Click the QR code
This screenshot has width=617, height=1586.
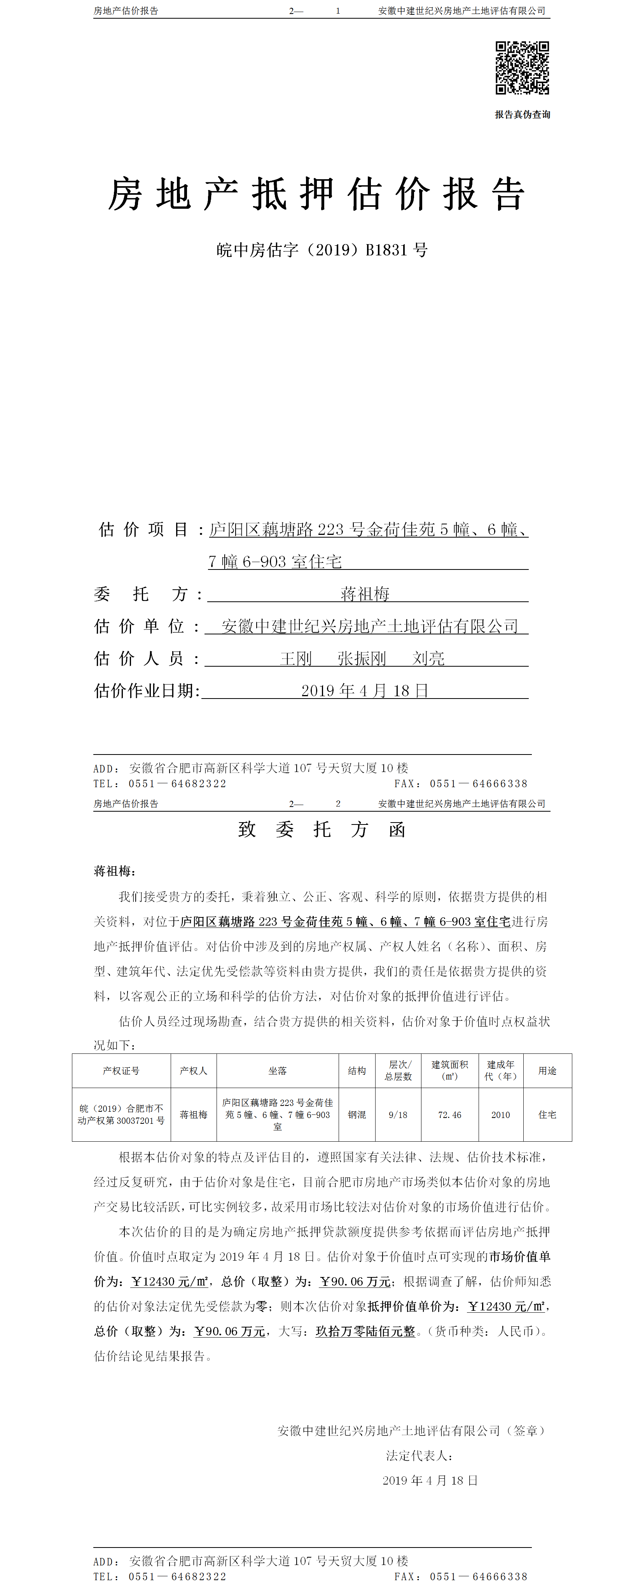click(x=522, y=68)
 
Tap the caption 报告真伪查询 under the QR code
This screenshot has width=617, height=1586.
click(x=522, y=115)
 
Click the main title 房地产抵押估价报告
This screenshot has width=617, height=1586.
click(x=316, y=194)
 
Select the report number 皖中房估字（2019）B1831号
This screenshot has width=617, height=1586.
click(x=322, y=250)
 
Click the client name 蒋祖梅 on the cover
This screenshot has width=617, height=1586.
click(x=365, y=594)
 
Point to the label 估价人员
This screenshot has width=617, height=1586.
click(x=139, y=658)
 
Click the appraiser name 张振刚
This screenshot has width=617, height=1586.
click(x=362, y=658)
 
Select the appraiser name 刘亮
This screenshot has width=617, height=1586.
click(x=428, y=658)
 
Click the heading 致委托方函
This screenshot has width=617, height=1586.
click(x=322, y=829)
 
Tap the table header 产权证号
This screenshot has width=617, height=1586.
click(x=121, y=1071)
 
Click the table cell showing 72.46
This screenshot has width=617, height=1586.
click(x=449, y=1114)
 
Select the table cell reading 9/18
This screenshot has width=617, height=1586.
click(x=398, y=1114)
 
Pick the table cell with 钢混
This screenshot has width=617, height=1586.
click(x=357, y=1114)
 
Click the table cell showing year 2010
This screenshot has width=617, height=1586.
click(x=501, y=1114)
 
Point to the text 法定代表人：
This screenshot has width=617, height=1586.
click(x=419, y=1455)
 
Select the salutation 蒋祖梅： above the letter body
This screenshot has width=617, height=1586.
click(x=115, y=871)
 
